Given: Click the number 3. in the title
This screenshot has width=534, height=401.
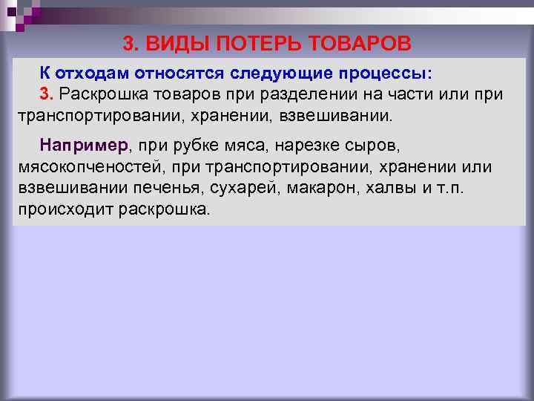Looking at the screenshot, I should click(x=131, y=44).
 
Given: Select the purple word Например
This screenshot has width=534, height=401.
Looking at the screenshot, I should click(x=85, y=145).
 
